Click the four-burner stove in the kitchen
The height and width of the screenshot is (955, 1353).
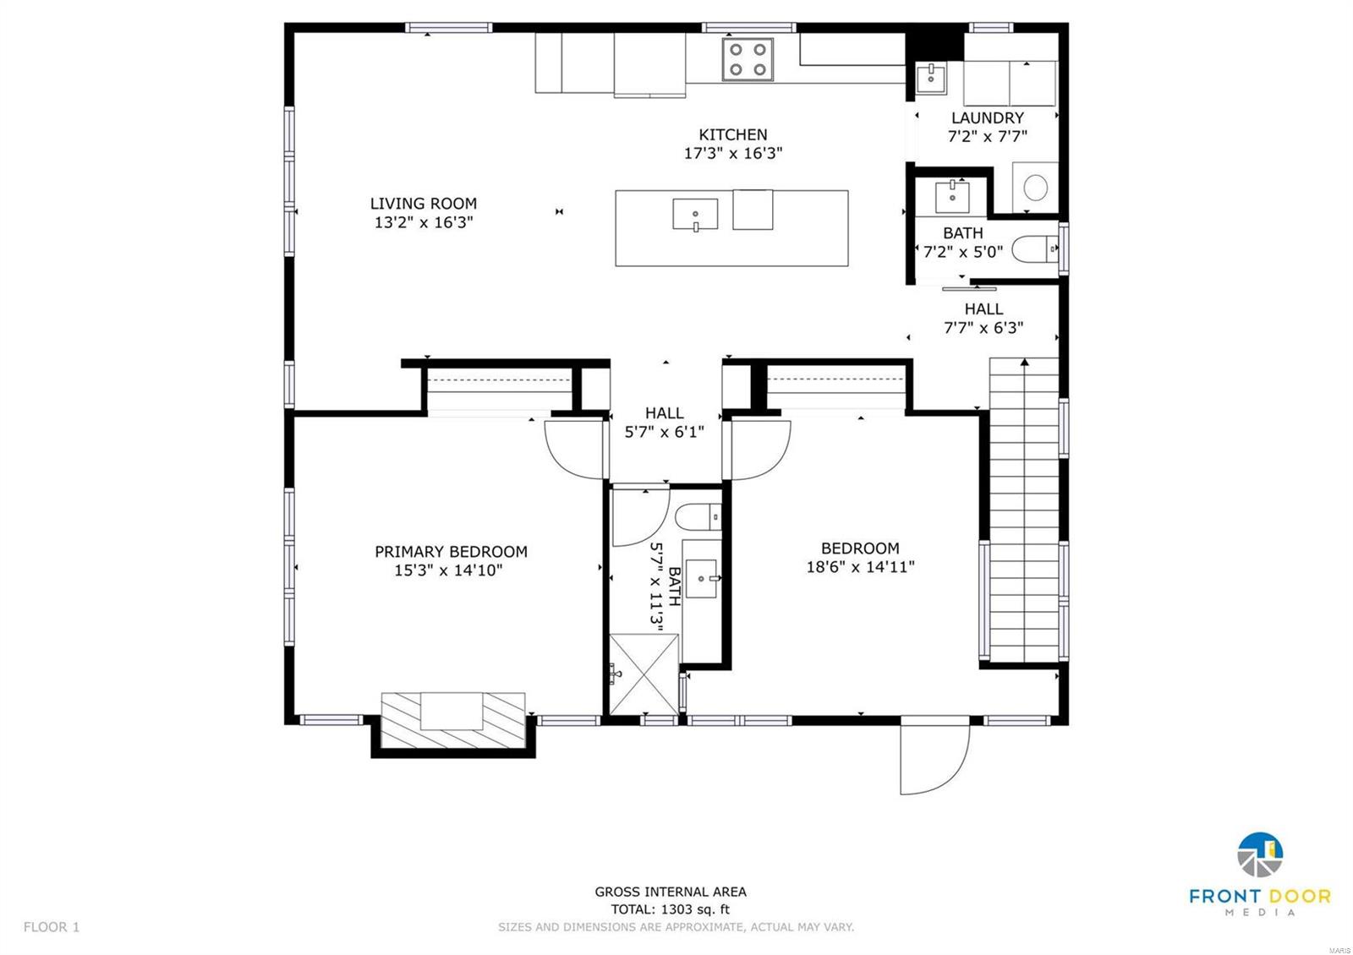(x=748, y=60)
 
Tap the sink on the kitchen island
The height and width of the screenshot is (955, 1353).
(x=695, y=214)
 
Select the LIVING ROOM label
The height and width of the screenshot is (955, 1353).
(x=423, y=204)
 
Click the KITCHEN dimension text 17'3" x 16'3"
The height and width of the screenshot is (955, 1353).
(x=733, y=154)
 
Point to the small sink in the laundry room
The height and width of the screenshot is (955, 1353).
(x=930, y=78)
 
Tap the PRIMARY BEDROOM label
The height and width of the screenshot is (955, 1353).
(x=451, y=552)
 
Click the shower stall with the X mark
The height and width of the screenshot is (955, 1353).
(x=644, y=674)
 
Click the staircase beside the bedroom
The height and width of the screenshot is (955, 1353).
(x=1023, y=507)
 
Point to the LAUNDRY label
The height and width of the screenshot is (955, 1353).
(x=987, y=118)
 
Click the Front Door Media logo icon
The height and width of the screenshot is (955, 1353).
(x=1260, y=855)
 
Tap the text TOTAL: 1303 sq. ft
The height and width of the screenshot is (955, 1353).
(x=670, y=909)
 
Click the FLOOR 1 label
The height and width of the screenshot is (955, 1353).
(x=52, y=927)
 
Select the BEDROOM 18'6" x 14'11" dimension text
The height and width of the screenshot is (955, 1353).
(x=860, y=567)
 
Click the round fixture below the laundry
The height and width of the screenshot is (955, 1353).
(x=1036, y=187)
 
